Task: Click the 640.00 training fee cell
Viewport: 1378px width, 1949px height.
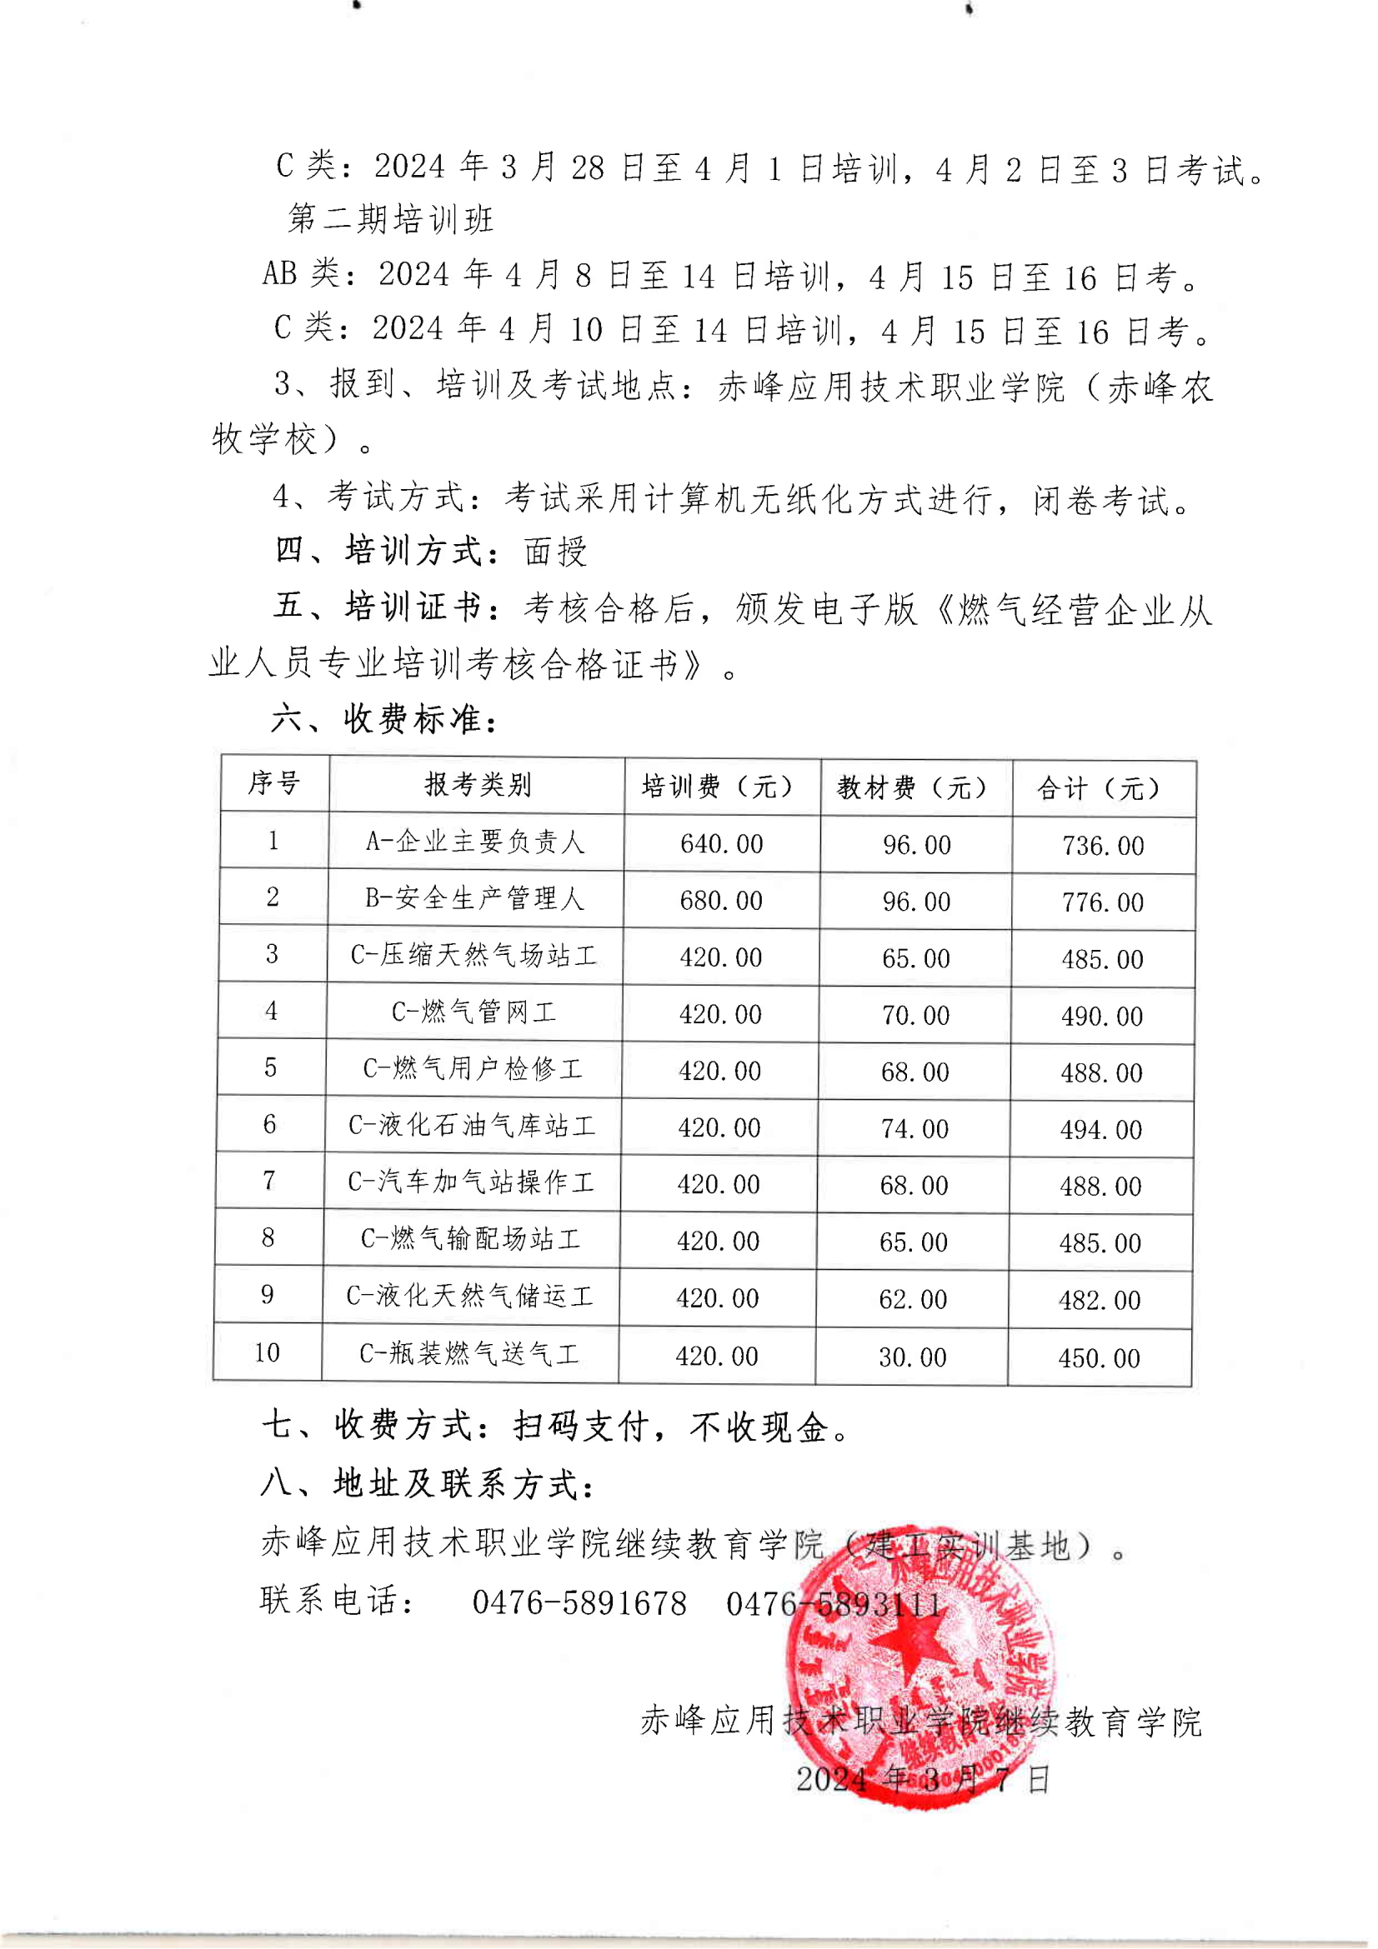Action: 722,844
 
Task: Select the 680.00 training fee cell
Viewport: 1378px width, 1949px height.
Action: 722,901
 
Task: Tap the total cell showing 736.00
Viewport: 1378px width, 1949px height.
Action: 1103,847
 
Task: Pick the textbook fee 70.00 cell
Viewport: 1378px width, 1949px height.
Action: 915,1015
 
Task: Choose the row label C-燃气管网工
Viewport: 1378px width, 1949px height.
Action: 474,1012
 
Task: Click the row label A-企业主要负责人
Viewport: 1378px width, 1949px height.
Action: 475,842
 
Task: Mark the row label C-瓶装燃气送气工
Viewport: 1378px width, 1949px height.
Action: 469,1354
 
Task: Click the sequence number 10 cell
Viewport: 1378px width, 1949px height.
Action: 267,1353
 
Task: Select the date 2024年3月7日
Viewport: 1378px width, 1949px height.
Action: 923,1778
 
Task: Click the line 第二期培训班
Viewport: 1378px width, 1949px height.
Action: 391,219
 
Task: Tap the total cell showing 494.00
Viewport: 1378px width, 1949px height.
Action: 1101,1130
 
